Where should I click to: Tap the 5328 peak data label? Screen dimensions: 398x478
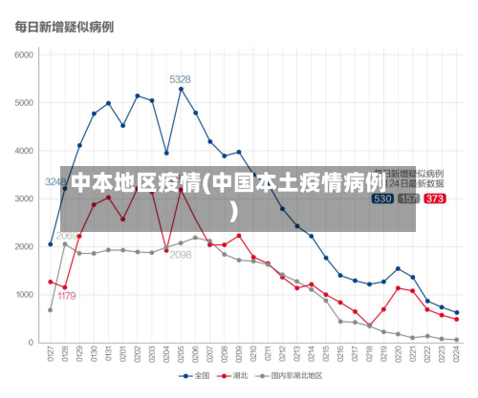[x=180, y=79]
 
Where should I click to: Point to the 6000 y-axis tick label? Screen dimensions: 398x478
[x=23, y=54]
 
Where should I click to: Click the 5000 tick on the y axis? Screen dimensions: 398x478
[x=23, y=102]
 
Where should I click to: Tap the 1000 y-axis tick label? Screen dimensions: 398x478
[x=23, y=295]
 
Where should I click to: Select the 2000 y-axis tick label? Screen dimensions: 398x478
[x=23, y=246]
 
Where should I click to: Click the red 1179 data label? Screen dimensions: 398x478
[x=66, y=296]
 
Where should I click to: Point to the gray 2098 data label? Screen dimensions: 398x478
[x=181, y=255]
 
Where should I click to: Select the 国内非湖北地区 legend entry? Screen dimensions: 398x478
[x=292, y=376]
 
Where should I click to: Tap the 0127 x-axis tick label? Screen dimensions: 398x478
[x=51, y=355]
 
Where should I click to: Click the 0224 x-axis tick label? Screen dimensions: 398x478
[x=457, y=355]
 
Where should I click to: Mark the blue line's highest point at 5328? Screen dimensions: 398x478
[x=181, y=89]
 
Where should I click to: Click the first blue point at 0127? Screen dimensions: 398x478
[x=51, y=244]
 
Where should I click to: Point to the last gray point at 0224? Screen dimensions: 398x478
[x=456, y=340]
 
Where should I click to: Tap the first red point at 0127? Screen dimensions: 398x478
[x=51, y=282]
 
